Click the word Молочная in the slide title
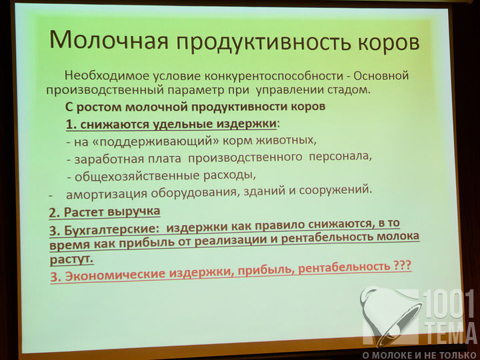tap(109, 39)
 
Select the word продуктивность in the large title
tap(263, 42)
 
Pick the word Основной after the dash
tap(381, 75)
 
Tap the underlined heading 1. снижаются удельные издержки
tap(171, 124)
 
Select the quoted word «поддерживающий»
tap(157, 142)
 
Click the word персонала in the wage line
tap(341, 157)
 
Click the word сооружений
tap(335, 190)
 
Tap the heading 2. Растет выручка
tap(105, 212)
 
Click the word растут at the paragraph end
tap(71, 259)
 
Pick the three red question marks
tap(401, 265)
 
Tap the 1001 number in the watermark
tap(449, 304)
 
